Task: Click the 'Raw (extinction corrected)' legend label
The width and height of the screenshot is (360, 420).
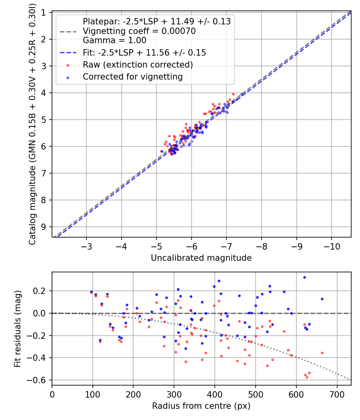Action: (x=138, y=65)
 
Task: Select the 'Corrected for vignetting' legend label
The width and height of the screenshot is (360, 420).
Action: (x=133, y=77)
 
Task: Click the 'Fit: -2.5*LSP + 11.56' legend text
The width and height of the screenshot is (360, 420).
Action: (x=144, y=53)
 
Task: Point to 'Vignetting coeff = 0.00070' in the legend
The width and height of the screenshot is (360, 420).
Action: (x=139, y=31)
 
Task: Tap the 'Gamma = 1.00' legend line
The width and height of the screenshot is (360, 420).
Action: (x=114, y=40)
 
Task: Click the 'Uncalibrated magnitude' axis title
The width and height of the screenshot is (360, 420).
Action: (x=201, y=258)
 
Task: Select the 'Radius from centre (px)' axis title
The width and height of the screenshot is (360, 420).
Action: (x=201, y=406)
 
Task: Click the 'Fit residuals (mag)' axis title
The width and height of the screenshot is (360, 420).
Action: (x=17, y=329)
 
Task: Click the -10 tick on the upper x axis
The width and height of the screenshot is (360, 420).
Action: (x=332, y=246)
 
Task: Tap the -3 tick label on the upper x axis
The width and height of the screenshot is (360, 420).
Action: (x=86, y=246)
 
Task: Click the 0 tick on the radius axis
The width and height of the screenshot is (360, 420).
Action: (x=52, y=394)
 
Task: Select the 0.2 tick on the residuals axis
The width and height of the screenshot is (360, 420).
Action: (x=41, y=291)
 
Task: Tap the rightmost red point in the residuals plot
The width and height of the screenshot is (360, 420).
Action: (x=322, y=353)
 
